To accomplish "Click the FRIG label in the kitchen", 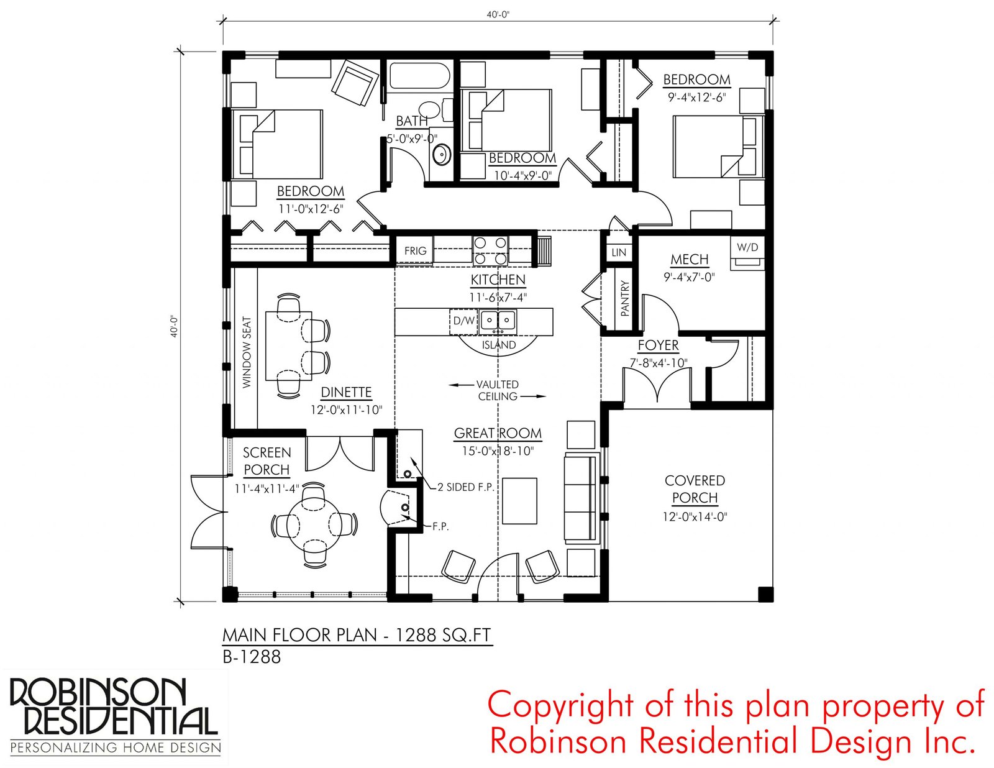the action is coord(415,250).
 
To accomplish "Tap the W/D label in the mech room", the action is coord(747,247).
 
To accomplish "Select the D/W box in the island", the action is coord(464,321).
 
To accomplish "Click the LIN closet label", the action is coord(618,252).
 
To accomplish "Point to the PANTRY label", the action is coord(626,299).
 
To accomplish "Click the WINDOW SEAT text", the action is coord(247,352).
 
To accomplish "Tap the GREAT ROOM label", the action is coord(498,432).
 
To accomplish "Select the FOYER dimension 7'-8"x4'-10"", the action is coord(659,363).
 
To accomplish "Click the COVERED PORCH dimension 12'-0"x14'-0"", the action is coord(695,517).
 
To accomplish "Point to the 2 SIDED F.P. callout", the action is coord(466,487).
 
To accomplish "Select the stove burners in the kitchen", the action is coord(490,250).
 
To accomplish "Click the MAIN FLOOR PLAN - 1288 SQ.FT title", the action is coord(357,635).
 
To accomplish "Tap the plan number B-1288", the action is coord(252,657).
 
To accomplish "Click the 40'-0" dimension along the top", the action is coord(498,15).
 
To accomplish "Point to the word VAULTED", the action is coord(497,384).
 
